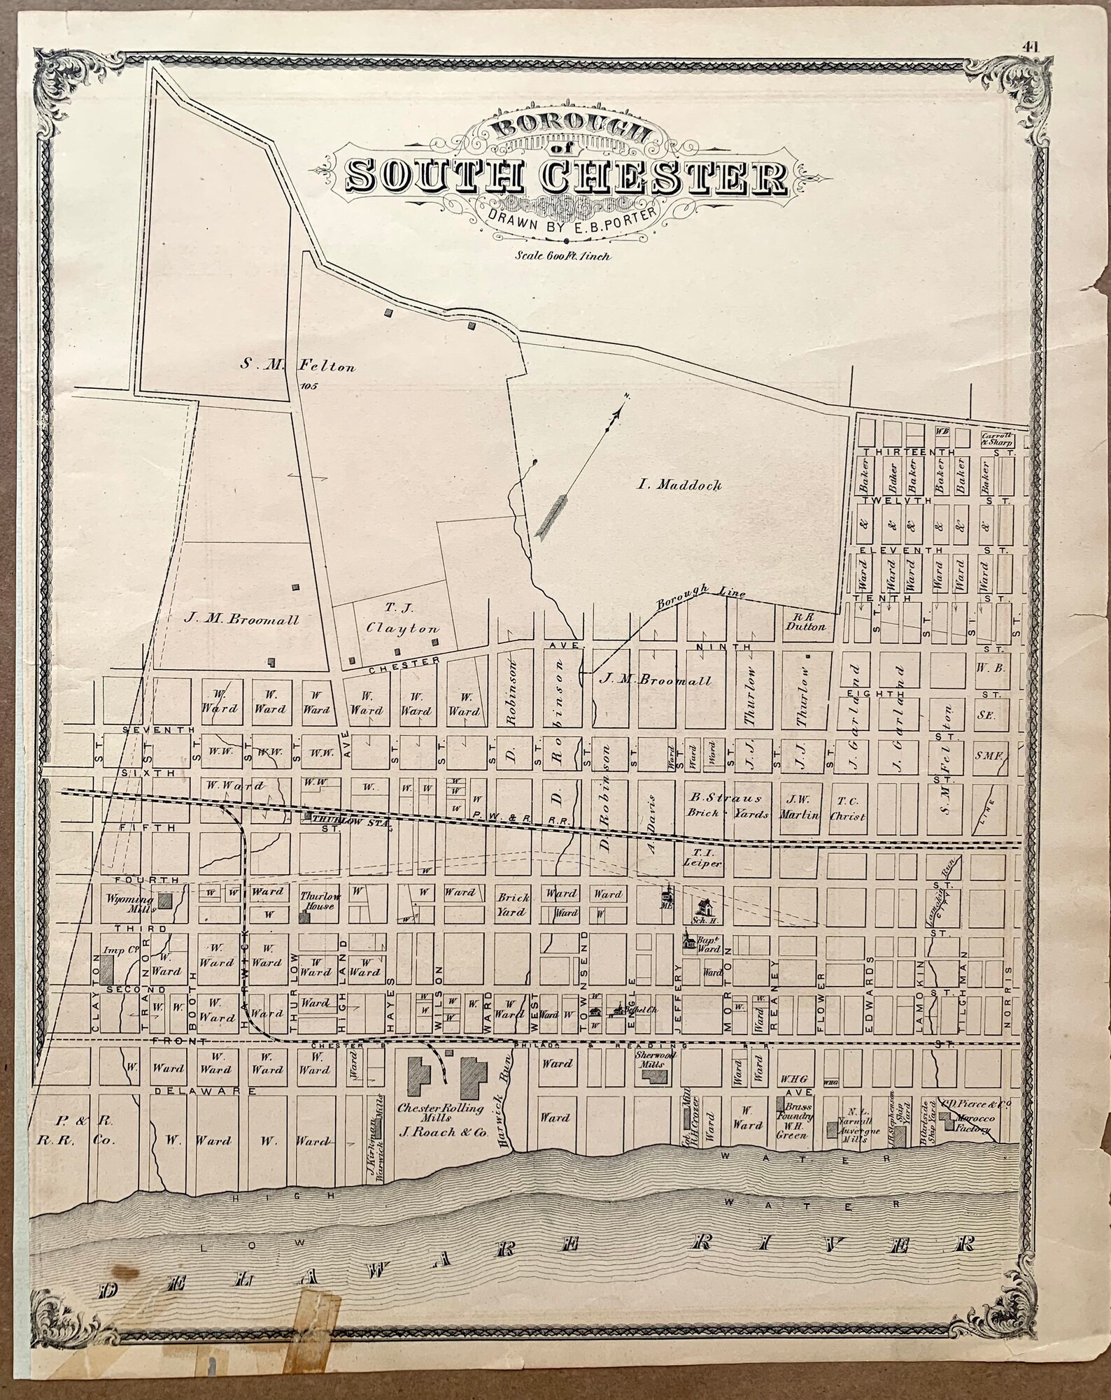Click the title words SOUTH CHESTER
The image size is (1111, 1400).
tap(567, 177)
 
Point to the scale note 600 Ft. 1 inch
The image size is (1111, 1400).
tap(562, 256)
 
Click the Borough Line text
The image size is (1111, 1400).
tap(700, 597)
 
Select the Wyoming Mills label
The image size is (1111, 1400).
tap(129, 902)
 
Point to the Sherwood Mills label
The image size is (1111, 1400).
tap(655, 1057)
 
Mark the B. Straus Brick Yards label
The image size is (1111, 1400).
tap(725, 806)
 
